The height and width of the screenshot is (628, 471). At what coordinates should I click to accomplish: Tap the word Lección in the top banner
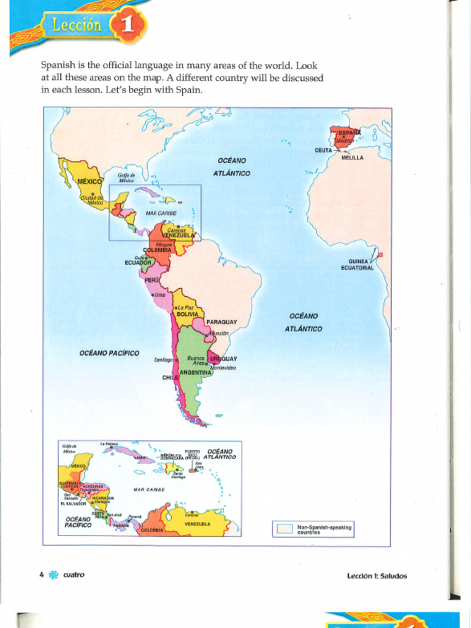[77, 25]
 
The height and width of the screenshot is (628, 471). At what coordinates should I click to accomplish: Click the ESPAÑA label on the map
[350, 132]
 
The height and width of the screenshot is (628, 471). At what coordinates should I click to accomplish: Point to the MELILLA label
[352, 158]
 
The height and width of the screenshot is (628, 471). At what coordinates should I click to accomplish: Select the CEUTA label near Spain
[323, 150]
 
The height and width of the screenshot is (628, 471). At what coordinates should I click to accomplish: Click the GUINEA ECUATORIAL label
[357, 264]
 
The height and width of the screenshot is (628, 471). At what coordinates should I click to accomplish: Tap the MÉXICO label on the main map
[90, 182]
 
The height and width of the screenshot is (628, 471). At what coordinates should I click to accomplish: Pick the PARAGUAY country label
[221, 322]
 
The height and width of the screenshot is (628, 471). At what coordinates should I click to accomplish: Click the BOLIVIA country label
[187, 314]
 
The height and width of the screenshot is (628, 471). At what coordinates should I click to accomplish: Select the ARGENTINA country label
[196, 372]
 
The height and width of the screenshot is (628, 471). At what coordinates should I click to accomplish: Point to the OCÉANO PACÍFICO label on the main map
[109, 353]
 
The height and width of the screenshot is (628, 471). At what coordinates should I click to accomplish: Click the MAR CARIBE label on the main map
[161, 213]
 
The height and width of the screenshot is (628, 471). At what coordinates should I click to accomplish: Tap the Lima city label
[159, 295]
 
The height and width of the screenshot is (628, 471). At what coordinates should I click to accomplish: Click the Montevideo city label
[223, 367]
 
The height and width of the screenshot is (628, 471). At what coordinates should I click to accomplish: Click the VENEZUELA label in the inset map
[197, 524]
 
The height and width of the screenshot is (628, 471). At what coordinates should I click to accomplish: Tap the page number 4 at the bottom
[41, 575]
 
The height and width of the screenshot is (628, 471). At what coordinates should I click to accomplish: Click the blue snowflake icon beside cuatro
[53, 575]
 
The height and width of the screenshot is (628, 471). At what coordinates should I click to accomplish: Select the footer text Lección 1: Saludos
[377, 576]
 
